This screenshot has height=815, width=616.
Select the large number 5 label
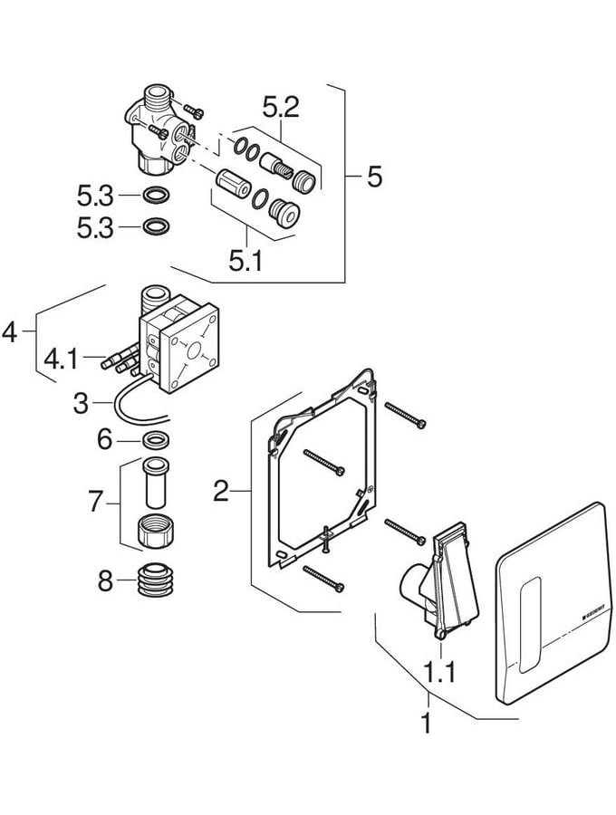[374, 177]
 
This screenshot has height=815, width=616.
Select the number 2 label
[220, 492]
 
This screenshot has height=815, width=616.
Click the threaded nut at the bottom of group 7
[155, 532]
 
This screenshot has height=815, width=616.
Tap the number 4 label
[10, 333]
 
